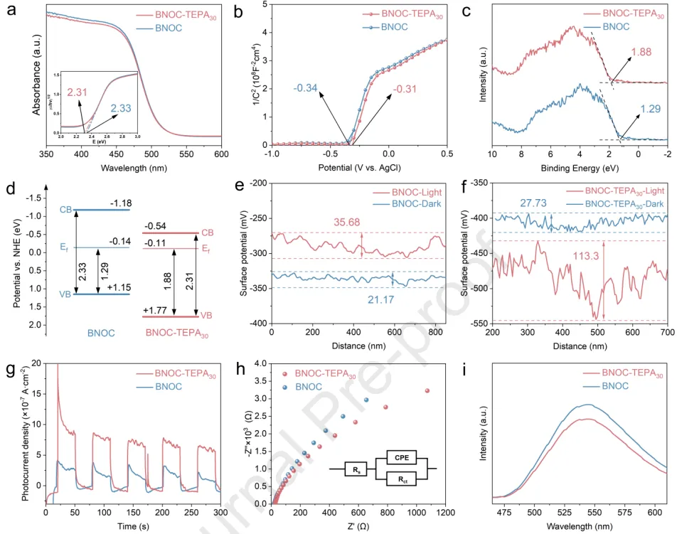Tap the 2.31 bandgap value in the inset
click(76, 92)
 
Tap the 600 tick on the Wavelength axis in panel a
click(221, 154)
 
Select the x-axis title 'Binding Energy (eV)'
click(580, 168)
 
